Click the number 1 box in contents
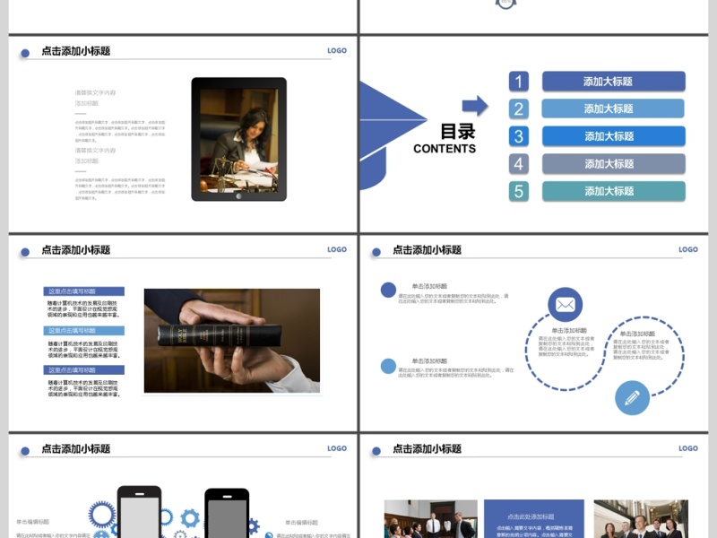tap(519, 82)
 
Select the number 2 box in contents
tap(519, 109)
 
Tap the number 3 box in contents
tap(519, 136)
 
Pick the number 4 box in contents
tap(519, 164)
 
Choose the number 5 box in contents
tap(519, 191)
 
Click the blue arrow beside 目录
tap(475, 106)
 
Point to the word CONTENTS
tap(445, 149)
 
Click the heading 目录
tap(457, 132)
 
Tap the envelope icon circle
tap(565, 305)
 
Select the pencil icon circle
tap(632, 397)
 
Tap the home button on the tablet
tap(238, 195)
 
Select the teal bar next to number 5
tap(613, 191)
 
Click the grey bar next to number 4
tap(613, 164)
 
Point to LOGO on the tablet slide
tap(337, 51)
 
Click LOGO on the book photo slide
tap(337, 250)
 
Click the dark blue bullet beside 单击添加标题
tap(389, 290)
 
